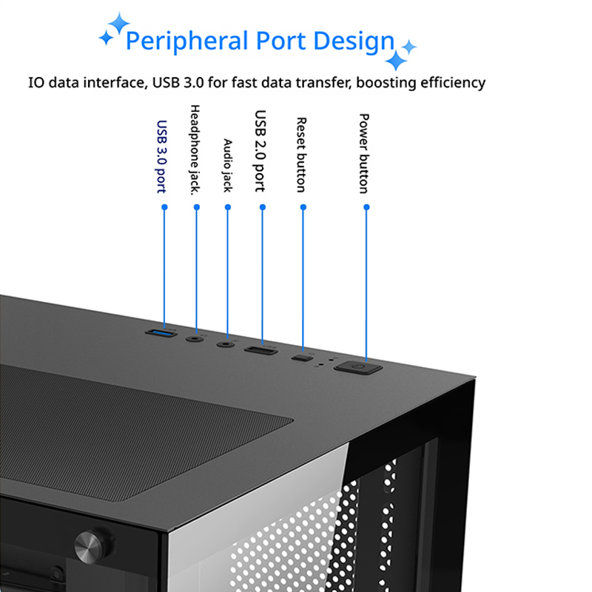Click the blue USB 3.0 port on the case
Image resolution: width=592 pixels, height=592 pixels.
[161, 333]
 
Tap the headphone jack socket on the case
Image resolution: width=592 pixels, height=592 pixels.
[195, 339]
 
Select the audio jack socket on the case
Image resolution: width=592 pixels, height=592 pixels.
[226, 344]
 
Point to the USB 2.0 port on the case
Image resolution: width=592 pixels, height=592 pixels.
[260, 351]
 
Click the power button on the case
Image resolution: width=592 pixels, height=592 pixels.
[358, 367]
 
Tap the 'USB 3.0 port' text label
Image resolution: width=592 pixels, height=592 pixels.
[161, 157]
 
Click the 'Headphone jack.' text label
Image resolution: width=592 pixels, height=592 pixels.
[195, 150]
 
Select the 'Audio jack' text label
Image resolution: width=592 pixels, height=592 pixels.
[228, 165]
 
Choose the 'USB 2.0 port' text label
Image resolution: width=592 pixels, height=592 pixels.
[260, 151]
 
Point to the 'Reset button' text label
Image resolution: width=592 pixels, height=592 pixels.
[301, 155]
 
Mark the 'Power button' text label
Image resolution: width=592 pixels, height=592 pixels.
[363, 154]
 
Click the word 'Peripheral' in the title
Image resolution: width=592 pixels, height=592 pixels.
[187, 41]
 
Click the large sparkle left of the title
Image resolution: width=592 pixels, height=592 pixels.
[119, 23]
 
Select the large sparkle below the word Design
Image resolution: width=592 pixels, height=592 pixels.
[396, 60]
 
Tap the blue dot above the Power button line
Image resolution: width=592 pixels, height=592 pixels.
[366, 207]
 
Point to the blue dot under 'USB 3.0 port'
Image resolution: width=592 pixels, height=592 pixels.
[164, 207]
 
